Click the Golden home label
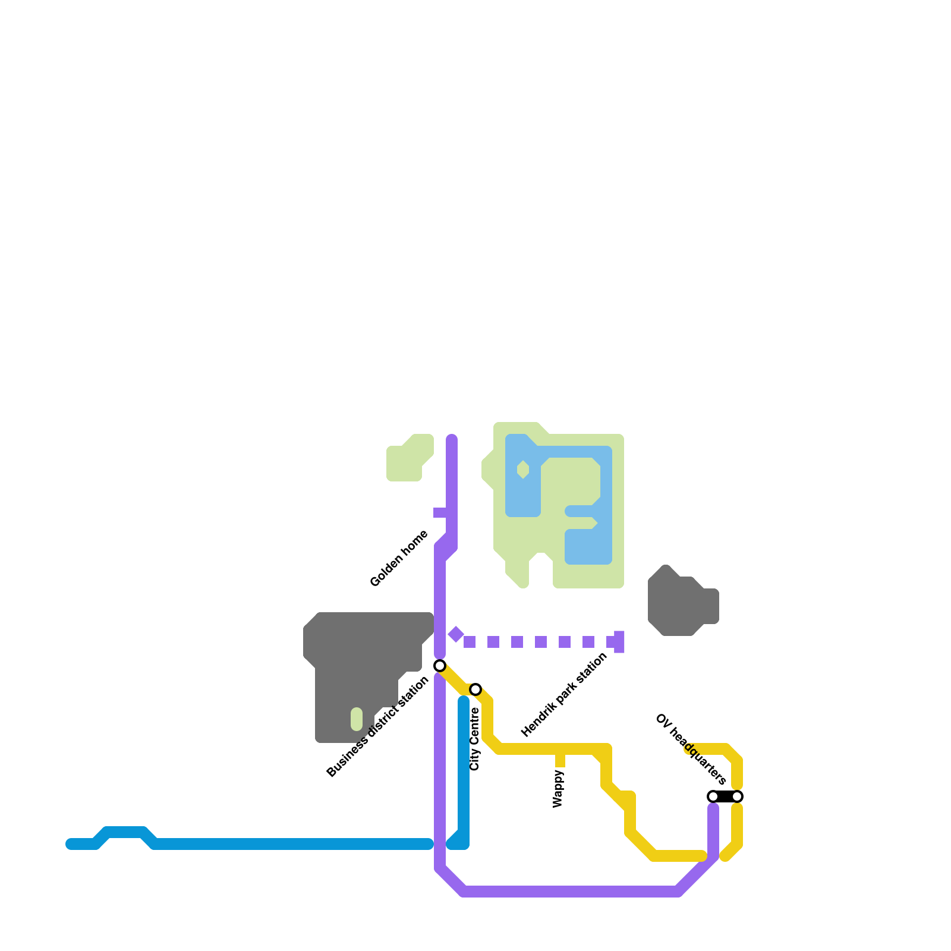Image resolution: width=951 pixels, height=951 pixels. coord(399,559)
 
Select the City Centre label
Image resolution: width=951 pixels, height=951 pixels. coord(474,739)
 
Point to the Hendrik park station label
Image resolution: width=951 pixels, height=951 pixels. coord(564,694)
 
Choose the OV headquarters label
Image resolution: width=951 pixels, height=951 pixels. coord(691,749)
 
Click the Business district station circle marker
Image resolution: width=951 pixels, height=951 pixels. coord(440,665)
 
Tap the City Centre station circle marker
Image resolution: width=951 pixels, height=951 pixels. coord(475,689)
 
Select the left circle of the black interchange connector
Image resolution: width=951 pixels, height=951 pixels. coord(713,796)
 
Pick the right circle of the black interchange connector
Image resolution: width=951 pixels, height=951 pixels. coord(737,796)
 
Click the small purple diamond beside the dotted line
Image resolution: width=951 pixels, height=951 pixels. coord(456,634)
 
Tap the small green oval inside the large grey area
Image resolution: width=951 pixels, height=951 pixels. coord(357,719)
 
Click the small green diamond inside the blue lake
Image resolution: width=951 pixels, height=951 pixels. coord(523,470)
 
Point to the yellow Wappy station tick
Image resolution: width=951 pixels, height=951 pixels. coord(560,760)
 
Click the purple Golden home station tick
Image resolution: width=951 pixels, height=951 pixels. coord(440,512)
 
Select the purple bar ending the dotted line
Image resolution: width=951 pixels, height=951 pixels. coord(619,642)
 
